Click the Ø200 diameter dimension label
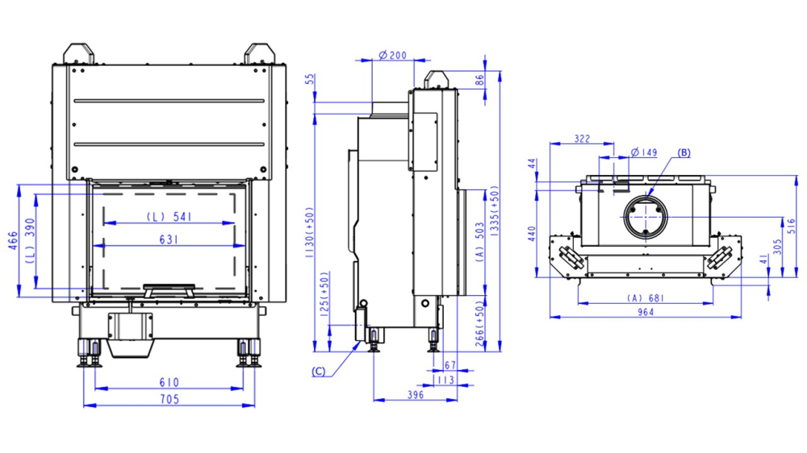[x=393, y=56]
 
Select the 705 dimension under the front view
[x=169, y=399]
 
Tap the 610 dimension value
[x=169, y=382]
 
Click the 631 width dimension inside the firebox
[x=169, y=239]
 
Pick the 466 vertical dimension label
[x=12, y=241]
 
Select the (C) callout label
[x=320, y=371]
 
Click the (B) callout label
[x=684, y=152]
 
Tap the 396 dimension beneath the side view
[x=416, y=395]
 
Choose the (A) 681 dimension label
[x=646, y=298]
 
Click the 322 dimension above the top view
[x=581, y=139]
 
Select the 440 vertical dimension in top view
[x=531, y=234]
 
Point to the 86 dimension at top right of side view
[x=479, y=81]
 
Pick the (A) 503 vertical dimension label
[x=479, y=243]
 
